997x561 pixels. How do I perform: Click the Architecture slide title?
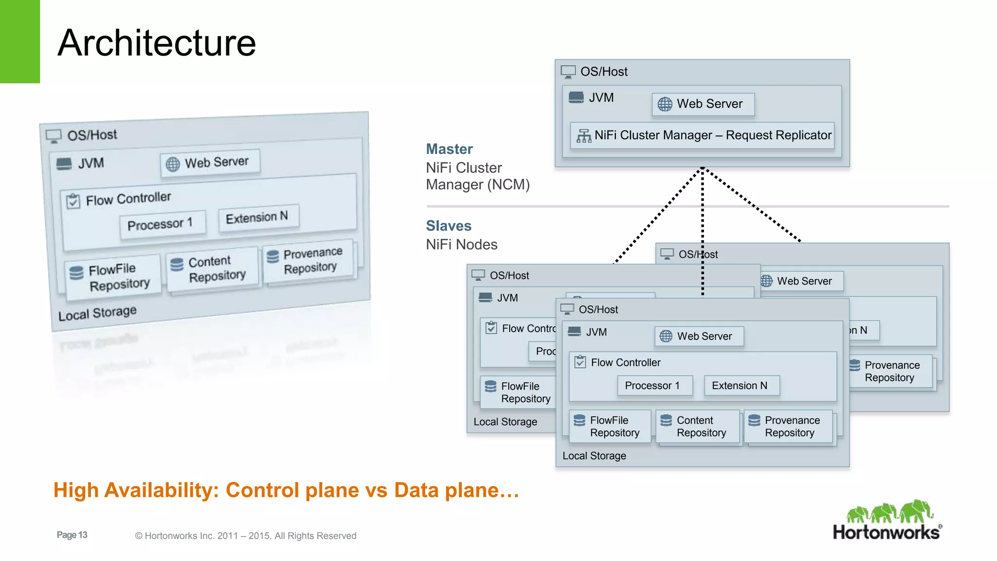[156, 43]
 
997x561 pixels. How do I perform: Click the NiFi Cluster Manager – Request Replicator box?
[702, 135]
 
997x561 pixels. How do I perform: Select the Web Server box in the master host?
[703, 104]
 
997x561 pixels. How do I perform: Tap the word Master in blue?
[449, 149]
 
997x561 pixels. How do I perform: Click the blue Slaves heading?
[448, 226]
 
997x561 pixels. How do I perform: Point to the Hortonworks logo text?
[886, 532]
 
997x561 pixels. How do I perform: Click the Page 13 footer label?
[72, 535]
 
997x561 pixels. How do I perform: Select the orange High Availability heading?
[286, 490]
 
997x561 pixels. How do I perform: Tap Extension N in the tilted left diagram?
[258, 217]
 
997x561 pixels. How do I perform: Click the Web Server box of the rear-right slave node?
[802, 281]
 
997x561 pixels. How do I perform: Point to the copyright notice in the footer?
[245, 536]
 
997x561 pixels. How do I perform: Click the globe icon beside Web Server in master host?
[665, 104]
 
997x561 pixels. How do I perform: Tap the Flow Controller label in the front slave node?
[625, 362]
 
